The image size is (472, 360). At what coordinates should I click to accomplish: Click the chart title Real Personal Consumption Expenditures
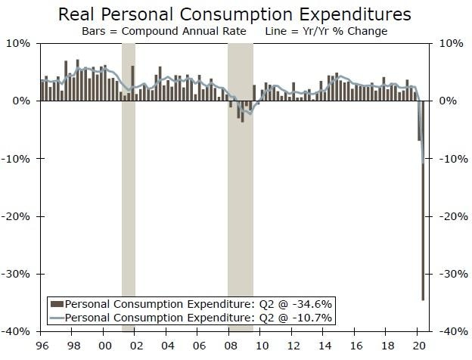tap(235, 14)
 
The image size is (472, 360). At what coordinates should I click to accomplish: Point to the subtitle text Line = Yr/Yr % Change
tap(326, 31)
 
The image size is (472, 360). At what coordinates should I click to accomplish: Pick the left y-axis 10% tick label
tap(20, 43)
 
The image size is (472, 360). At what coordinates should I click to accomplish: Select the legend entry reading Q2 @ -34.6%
tap(199, 303)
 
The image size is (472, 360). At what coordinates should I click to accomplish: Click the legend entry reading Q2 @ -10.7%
tap(199, 317)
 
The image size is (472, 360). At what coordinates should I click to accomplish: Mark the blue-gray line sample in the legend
tap(57, 317)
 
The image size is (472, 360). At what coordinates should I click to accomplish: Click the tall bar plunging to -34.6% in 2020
tap(423, 227)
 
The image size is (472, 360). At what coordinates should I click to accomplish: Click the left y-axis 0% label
tap(23, 101)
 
